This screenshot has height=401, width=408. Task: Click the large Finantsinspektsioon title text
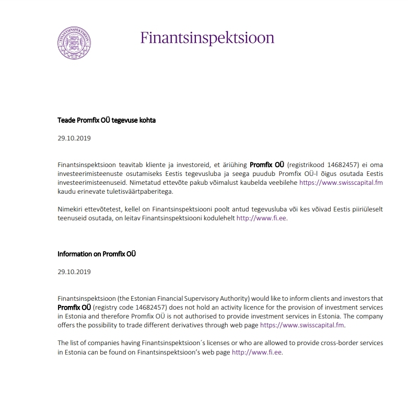tap(207, 38)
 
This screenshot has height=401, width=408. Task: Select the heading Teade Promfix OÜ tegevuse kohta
tap(107, 120)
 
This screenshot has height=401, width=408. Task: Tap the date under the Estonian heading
tap(74, 139)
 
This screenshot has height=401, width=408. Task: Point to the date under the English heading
tap(74, 273)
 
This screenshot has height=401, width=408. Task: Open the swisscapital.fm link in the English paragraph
tap(302, 325)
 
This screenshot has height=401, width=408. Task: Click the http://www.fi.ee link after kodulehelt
tap(261, 218)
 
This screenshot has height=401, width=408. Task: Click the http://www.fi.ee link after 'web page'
tap(257, 352)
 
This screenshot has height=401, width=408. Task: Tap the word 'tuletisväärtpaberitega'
tap(138, 192)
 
